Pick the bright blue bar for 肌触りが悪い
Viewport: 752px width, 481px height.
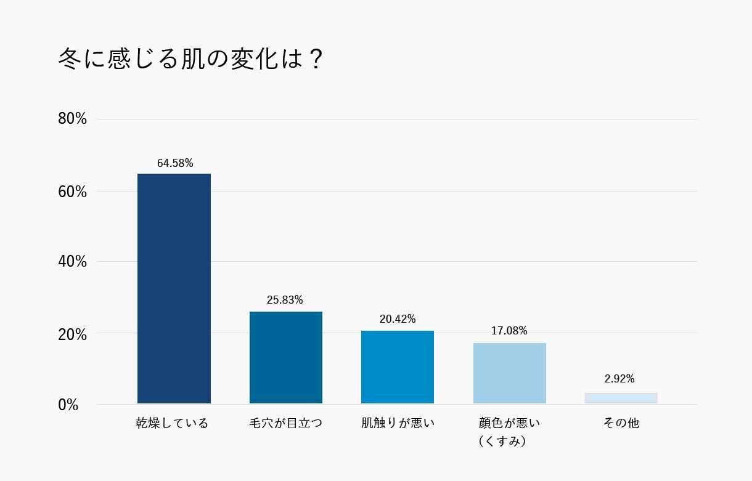coord(398,367)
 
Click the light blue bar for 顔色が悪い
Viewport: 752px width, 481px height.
coord(510,373)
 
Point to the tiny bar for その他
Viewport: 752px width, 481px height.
coord(621,398)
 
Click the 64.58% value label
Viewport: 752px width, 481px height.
coord(175,163)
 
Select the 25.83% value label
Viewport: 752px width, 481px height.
coord(285,300)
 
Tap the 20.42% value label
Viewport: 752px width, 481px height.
coord(398,319)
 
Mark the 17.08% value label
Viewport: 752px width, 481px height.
coord(509,331)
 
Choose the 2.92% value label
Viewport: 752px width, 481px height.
coord(619,379)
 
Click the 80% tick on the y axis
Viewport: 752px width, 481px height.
coord(72,119)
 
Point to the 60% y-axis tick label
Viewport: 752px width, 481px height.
coord(72,192)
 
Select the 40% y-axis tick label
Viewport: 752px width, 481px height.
coord(72,262)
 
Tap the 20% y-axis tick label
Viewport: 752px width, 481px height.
coord(72,334)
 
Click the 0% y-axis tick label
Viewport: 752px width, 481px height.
coord(68,405)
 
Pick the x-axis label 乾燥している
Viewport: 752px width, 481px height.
coord(173,424)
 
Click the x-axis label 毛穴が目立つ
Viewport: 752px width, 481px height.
coord(285,424)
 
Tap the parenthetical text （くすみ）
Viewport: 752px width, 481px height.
coord(502,442)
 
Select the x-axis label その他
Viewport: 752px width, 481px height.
coord(621,424)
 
